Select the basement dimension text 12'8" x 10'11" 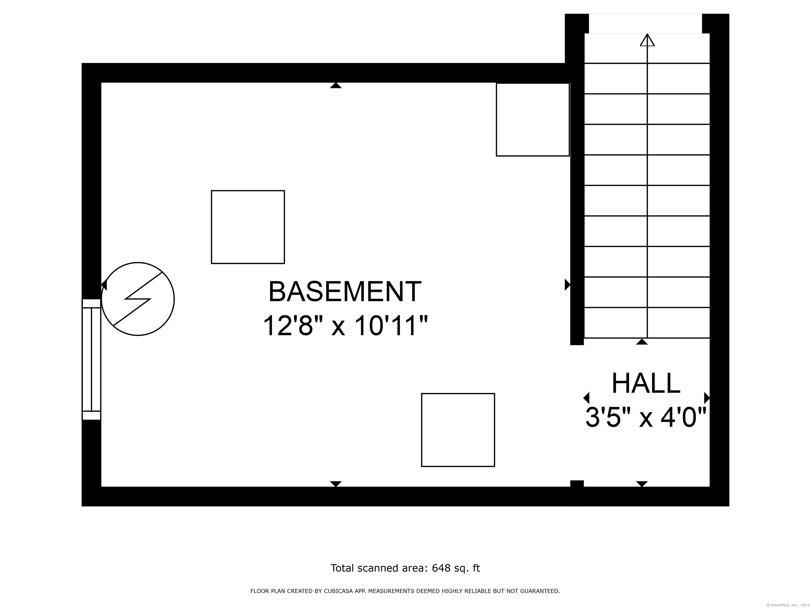pyautogui.click(x=345, y=325)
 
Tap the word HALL pyautogui.click(x=646, y=383)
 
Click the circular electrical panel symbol pyautogui.click(x=138, y=299)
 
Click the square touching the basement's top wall pyautogui.click(x=533, y=120)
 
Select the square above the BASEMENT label pyautogui.click(x=248, y=227)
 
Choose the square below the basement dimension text pyautogui.click(x=458, y=430)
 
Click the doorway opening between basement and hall pyautogui.click(x=577, y=413)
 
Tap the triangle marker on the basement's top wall pyautogui.click(x=336, y=85)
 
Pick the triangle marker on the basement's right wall pyautogui.click(x=568, y=284)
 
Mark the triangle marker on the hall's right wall pyautogui.click(x=707, y=398)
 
